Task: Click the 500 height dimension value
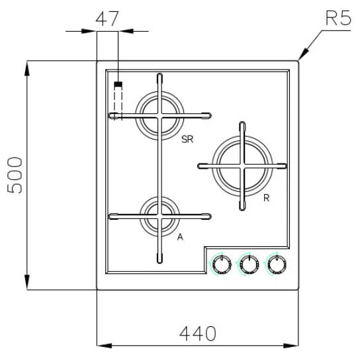(x=17, y=175)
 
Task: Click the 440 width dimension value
(x=197, y=333)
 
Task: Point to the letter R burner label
(x=265, y=198)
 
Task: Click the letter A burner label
(x=179, y=236)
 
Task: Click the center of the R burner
(x=243, y=164)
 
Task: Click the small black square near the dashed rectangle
(x=118, y=85)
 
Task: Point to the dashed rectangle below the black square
(x=118, y=103)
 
